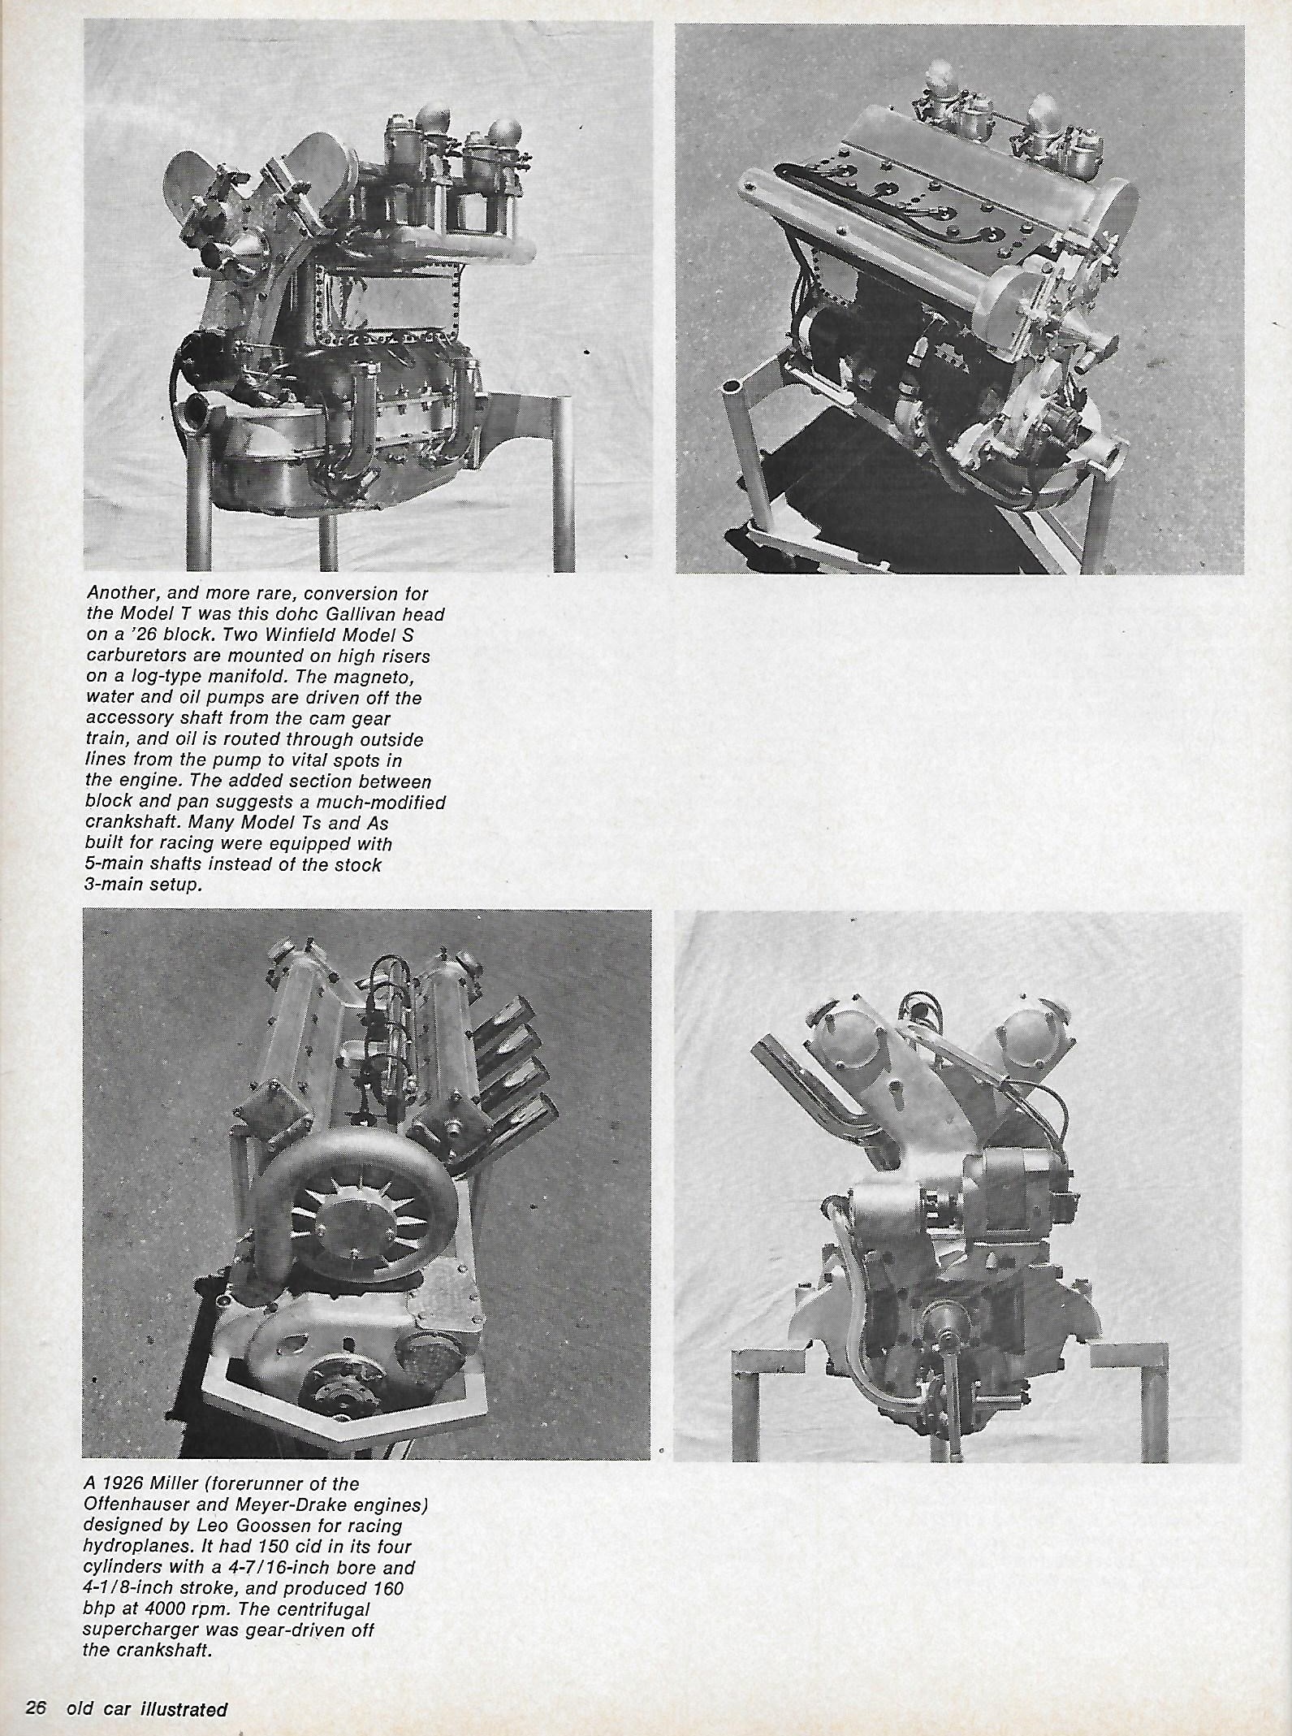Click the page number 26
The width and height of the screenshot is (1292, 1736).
point(37,1708)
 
